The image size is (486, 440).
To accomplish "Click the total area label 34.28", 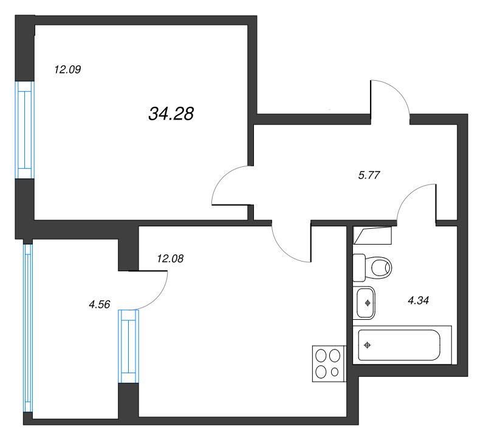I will (x=171, y=113).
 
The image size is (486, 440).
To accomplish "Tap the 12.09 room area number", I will (x=67, y=70).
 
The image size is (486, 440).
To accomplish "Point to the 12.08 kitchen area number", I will (x=170, y=259).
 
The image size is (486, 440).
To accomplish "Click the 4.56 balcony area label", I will (x=99, y=305).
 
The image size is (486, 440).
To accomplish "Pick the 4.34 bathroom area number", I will (x=419, y=300).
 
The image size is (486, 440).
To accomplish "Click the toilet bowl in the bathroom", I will (x=380, y=266).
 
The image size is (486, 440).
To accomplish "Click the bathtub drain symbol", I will (x=368, y=345).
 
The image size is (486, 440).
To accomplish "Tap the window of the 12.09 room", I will (x=24, y=130).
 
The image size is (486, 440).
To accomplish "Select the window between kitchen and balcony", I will (x=128, y=346).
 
